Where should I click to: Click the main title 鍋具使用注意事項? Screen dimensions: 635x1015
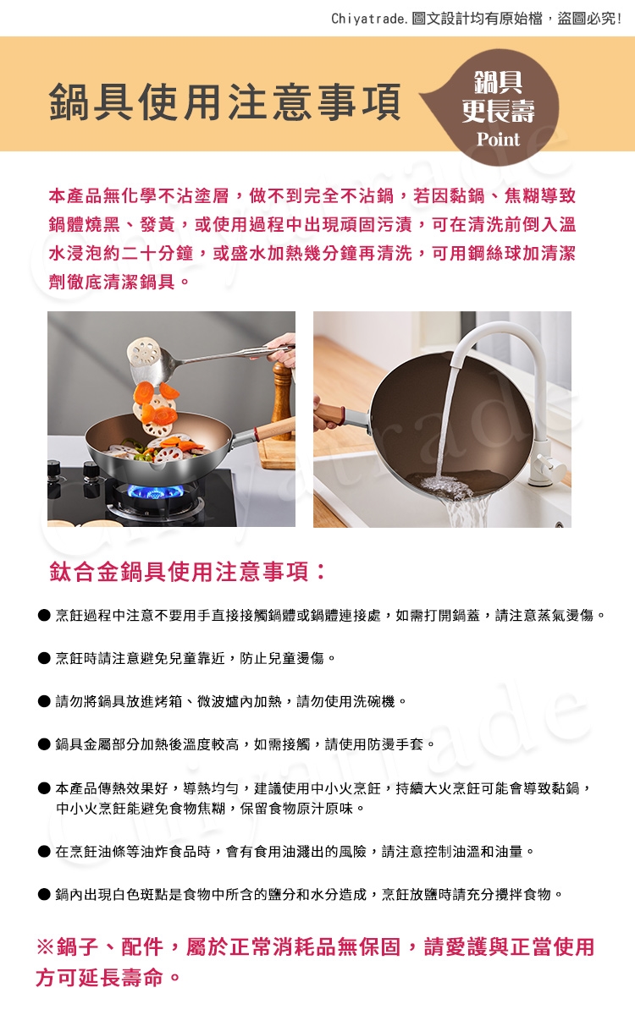point(225,101)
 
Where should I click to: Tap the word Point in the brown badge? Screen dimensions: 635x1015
point(498,140)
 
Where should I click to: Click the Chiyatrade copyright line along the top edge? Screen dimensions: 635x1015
point(476,19)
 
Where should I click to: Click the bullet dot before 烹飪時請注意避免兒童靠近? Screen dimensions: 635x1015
point(44,658)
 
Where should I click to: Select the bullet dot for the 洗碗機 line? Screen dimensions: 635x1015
point(44,702)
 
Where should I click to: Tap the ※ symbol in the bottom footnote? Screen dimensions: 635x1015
point(46,947)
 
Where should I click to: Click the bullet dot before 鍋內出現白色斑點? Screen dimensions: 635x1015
point(44,895)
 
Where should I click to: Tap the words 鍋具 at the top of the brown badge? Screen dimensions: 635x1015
point(498,83)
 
